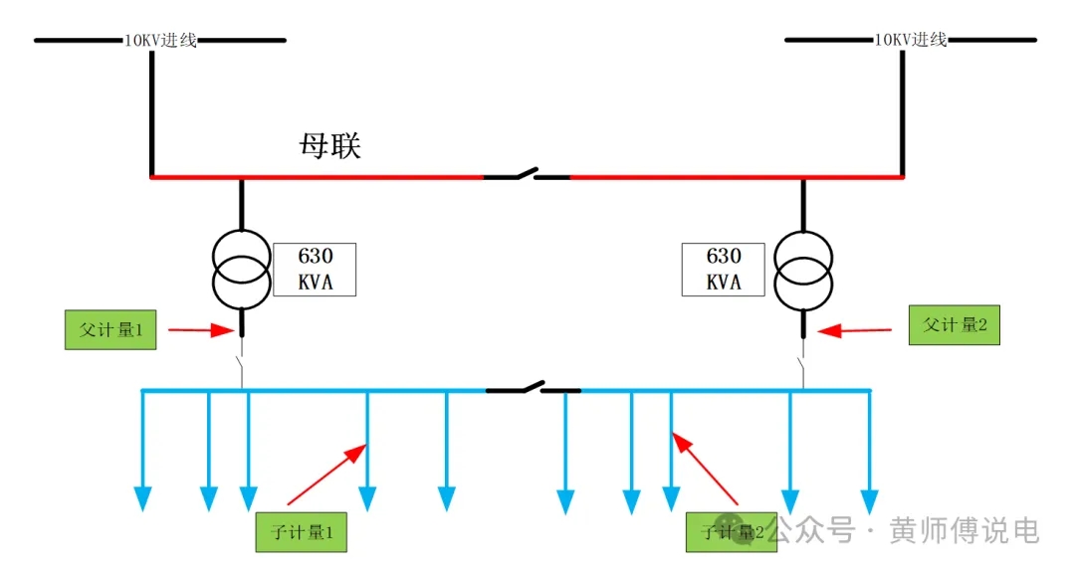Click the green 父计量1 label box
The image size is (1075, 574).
[x=110, y=330]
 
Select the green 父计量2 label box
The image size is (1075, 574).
[x=954, y=324]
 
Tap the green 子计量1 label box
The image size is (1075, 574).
[x=301, y=531]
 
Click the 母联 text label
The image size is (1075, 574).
[x=329, y=146]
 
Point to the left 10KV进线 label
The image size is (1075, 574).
[x=160, y=41]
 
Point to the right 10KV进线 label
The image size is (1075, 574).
[x=910, y=41]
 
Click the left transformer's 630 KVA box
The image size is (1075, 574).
[x=315, y=269]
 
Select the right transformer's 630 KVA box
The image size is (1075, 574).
[x=724, y=269]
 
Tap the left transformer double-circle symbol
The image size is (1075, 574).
[x=240, y=271]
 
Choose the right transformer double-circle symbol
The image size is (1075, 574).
[x=803, y=271]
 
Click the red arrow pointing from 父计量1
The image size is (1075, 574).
[x=201, y=330]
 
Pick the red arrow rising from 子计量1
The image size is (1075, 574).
[x=326, y=474]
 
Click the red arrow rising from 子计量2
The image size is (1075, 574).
[x=706, y=467]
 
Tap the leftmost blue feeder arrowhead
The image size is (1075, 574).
[x=143, y=498]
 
